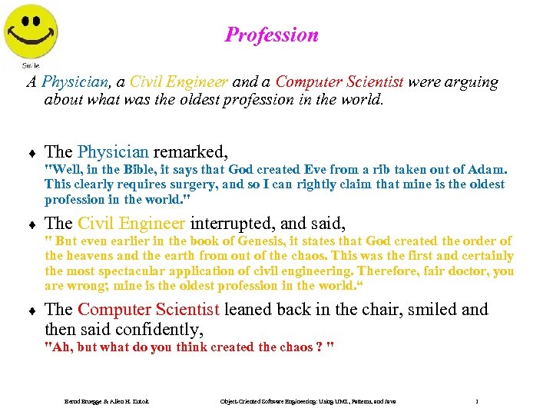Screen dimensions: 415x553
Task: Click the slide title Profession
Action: click(271, 35)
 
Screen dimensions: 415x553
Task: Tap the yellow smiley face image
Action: click(31, 31)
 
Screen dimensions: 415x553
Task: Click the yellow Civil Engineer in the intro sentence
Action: click(178, 81)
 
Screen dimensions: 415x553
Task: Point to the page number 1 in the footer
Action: click(477, 402)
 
